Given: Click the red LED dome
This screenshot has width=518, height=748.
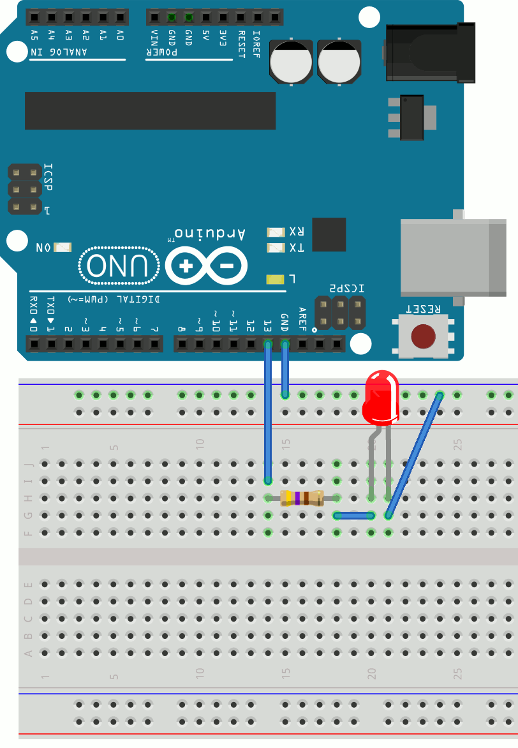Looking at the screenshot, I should tap(381, 399).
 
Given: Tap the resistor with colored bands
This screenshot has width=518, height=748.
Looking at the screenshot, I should tap(302, 498).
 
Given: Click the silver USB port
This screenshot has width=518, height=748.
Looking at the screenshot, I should tap(452, 257).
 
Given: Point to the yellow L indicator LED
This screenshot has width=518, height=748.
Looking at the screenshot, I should tap(275, 279).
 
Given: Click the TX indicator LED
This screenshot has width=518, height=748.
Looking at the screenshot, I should tap(276, 248).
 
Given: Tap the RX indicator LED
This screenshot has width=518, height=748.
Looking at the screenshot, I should tap(276, 231).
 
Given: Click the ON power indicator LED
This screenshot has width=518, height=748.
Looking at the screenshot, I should tap(63, 247).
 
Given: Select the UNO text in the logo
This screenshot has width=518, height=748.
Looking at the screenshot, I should tap(120, 265).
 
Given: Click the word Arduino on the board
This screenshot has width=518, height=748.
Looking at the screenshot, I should tap(209, 234).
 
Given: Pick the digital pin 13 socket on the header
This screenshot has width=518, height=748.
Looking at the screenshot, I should tap(268, 345).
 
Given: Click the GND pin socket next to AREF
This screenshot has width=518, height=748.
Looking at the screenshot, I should tap(285, 345).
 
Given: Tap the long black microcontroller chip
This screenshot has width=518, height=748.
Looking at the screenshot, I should tap(150, 110).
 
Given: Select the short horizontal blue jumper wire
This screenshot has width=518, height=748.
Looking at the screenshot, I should tap(353, 515).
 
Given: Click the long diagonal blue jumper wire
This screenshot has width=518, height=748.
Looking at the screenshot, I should tap(413, 456).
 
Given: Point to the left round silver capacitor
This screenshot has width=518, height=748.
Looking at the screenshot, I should tap(291, 62).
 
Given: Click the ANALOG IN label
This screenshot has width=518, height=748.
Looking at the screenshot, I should tap(77, 52).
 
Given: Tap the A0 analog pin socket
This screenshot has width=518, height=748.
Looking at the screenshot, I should tap(120, 17).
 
